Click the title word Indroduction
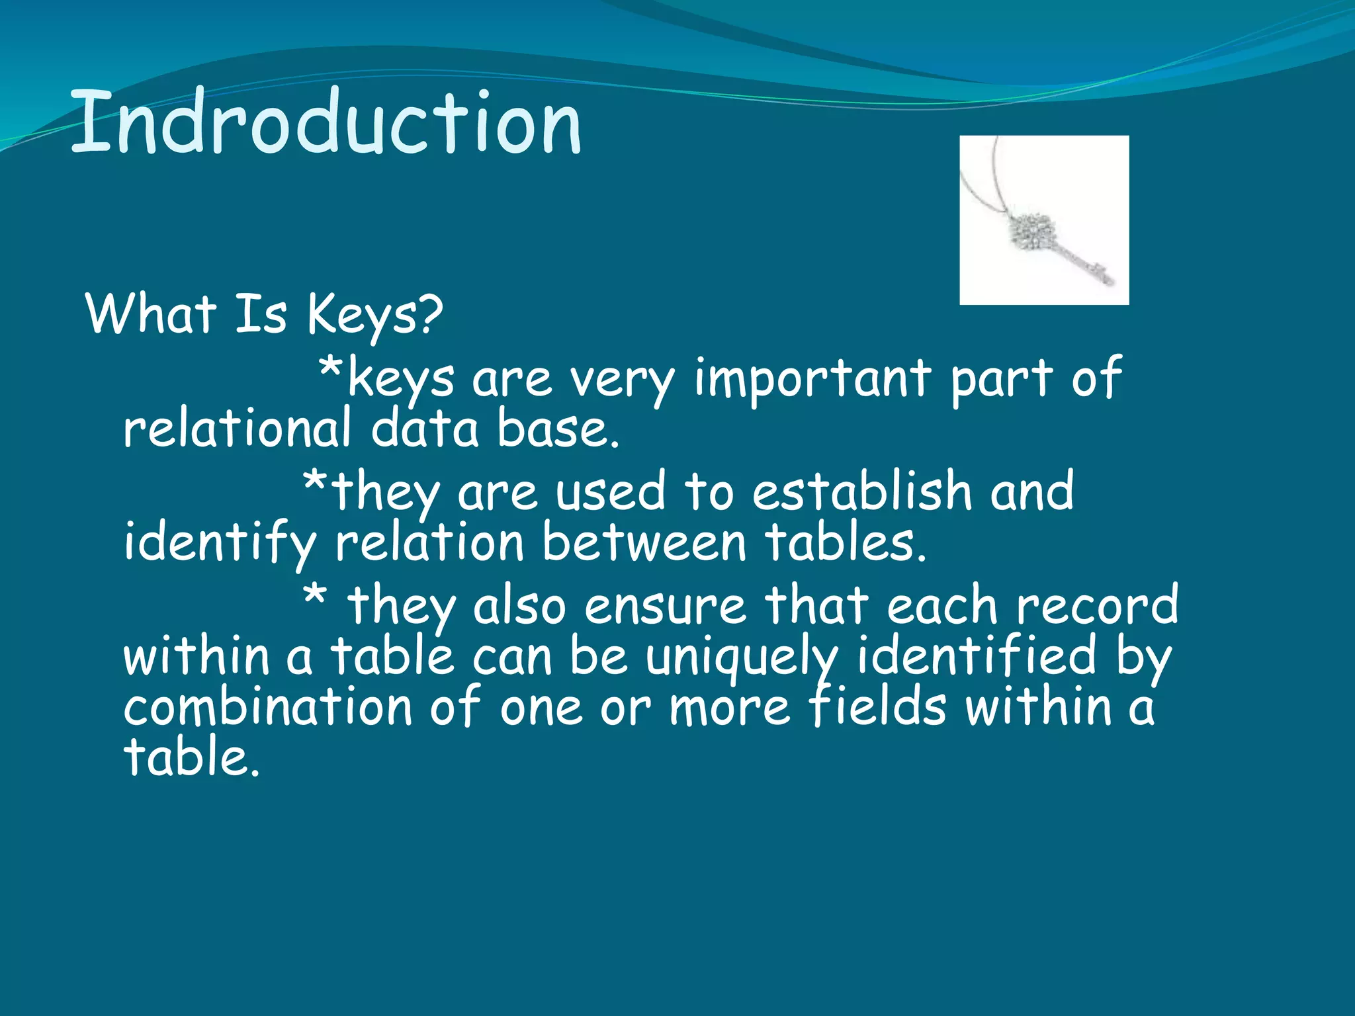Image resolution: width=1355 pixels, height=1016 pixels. (326, 122)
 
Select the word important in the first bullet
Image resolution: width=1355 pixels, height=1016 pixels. (812, 379)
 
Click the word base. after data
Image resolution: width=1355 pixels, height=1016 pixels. (557, 429)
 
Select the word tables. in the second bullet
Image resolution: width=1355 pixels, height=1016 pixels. (845, 543)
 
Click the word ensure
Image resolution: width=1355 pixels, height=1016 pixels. (664, 606)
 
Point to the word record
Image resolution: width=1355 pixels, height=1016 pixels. (1097, 605)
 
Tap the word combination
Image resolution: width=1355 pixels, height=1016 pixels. (268, 706)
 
